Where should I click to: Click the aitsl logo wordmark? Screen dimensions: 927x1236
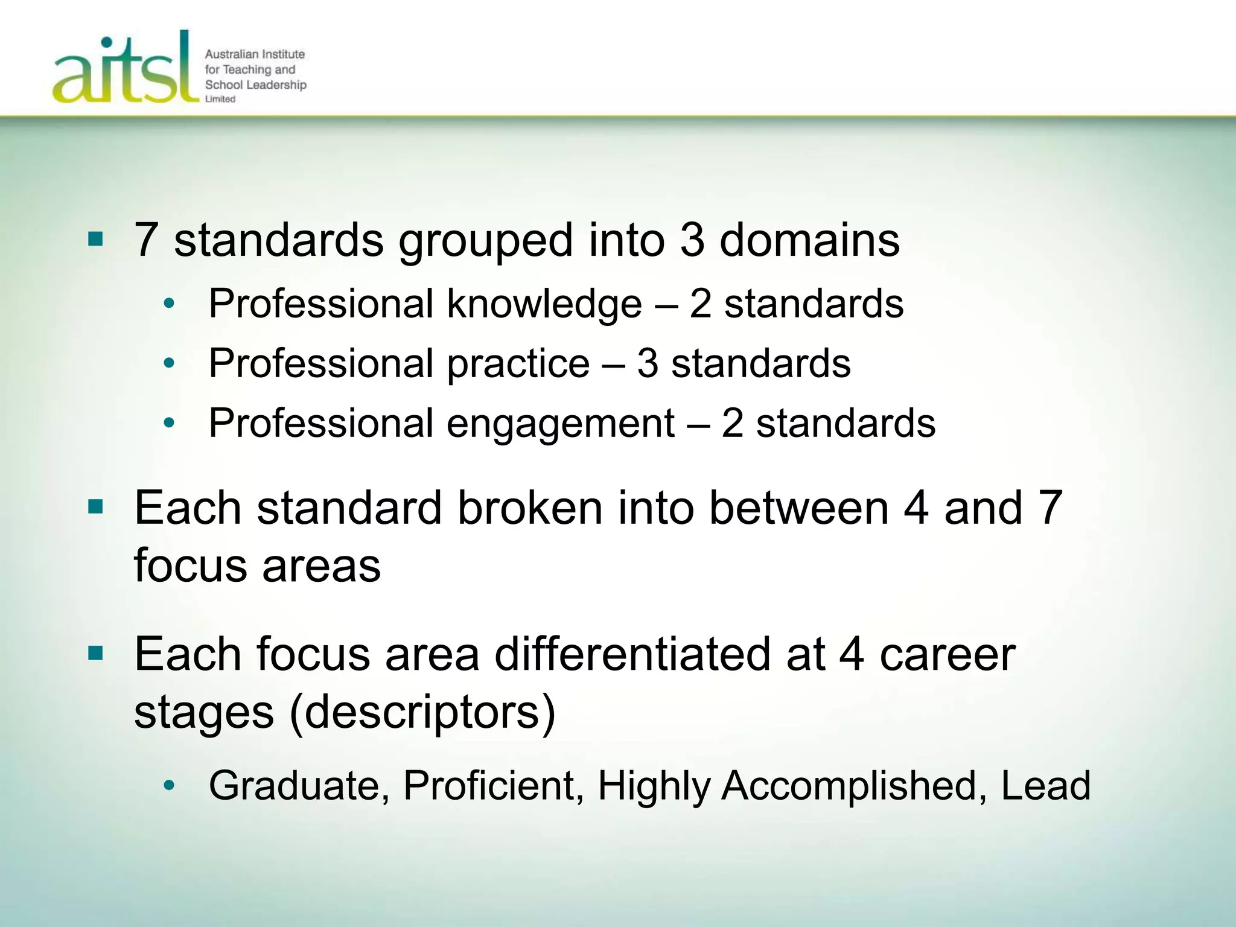[126, 69]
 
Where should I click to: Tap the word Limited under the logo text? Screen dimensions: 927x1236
[220, 99]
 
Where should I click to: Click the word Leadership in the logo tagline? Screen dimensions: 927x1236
[275, 84]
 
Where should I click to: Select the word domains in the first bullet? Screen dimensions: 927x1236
[809, 240]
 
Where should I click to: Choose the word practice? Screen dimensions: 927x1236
[518, 363]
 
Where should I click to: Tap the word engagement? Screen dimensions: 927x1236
[560, 424]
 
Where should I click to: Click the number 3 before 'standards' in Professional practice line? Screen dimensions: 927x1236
[647, 363]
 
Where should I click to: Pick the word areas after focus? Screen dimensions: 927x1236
[322, 566]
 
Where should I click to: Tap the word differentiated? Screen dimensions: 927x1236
[632, 654]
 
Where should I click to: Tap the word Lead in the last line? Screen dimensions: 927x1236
[1045, 786]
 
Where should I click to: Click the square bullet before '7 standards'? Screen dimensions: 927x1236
[95, 240]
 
